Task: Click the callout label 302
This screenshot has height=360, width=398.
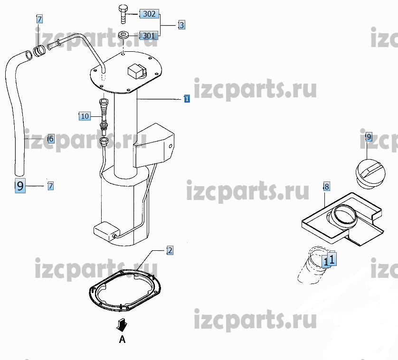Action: (149, 14)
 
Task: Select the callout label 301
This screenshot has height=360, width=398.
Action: (149, 36)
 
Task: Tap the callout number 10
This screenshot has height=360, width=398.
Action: (85, 116)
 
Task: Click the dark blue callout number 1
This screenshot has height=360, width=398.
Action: (187, 98)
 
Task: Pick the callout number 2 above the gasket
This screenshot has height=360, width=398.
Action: (170, 251)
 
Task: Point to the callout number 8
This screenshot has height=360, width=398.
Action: (326, 186)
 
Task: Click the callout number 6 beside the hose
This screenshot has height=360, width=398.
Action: (51, 139)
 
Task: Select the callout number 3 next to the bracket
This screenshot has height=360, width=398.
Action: (181, 25)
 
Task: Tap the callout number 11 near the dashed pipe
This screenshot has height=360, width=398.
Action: (330, 259)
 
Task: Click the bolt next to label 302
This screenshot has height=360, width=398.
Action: (123, 14)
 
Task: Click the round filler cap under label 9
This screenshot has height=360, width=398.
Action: (370, 174)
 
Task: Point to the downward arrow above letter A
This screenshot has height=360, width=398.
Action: (122, 325)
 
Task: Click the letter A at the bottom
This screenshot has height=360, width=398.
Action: (122, 339)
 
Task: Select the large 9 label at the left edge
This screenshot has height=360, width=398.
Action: (20, 186)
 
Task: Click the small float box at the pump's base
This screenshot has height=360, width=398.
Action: (106, 231)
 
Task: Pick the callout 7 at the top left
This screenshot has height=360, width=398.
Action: (39, 19)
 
